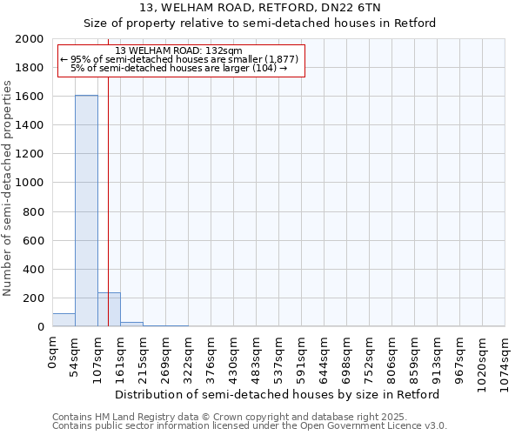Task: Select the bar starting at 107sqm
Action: point(109,310)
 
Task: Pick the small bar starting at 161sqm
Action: point(131,324)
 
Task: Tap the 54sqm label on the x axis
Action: point(75,353)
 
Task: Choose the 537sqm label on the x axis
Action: point(278,356)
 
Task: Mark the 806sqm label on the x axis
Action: point(391,356)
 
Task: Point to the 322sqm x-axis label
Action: point(188,356)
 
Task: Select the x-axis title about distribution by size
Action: point(278,394)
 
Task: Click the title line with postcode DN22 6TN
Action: point(260,7)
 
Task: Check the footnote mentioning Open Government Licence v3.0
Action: point(250,426)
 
